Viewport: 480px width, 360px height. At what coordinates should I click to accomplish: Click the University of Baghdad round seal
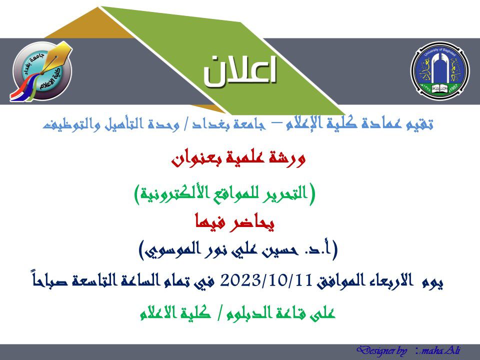point(439,71)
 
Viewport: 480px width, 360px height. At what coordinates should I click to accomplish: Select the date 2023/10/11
point(266,280)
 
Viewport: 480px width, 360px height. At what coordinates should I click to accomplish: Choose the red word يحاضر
point(255,222)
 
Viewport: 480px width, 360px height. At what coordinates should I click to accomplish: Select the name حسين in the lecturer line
point(279,250)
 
